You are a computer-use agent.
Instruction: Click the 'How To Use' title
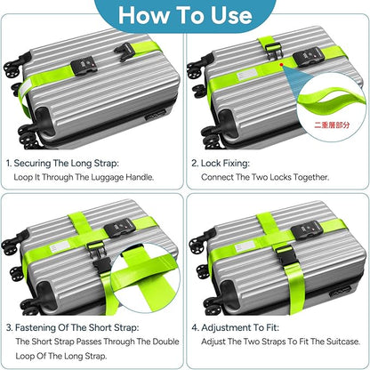(185, 15)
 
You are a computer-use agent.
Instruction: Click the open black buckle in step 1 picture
(125, 52)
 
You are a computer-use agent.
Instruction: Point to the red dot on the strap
(281, 64)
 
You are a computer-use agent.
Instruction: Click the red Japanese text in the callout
(332, 125)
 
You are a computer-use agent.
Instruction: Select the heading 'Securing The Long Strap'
(66, 163)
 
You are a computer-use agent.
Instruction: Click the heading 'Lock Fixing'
(225, 163)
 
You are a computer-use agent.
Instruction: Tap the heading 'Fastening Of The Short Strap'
(76, 327)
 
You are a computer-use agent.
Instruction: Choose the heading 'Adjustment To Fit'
(240, 327)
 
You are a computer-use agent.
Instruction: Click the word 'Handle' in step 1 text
(140, 177)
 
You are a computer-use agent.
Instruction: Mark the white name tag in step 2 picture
(246, 76)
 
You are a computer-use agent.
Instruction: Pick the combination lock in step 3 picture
(119, 228)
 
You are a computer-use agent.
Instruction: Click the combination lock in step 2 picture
(307, 56)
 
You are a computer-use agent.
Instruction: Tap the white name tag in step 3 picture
(60, 246)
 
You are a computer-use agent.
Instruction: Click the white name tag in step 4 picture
(245, 246)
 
